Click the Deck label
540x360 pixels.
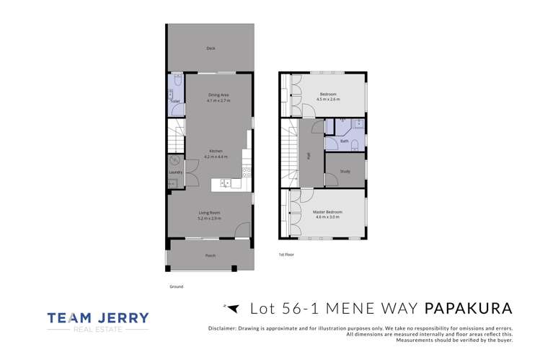[x=211, y=48]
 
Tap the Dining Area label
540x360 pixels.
[x=218, y=95]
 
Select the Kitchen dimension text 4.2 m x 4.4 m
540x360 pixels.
[x=216, y=156]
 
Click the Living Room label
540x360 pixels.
[x=210, y=212]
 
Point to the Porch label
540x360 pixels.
[x=210, y=255]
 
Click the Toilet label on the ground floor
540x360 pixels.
[x=174, y=102]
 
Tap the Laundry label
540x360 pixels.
[x=175, y=172]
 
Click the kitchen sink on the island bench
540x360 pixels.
[x=226, y=183]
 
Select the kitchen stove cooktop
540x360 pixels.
[x=246, y=172]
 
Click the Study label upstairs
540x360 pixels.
[x=345, y=171]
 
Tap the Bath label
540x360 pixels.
[x=345, y=141]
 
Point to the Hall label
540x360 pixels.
[x=309, y=154]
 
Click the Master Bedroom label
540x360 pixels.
[x=329, y=211]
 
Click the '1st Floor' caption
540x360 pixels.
[x=286, y=255]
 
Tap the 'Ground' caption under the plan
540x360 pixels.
[x=176, y=286]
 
